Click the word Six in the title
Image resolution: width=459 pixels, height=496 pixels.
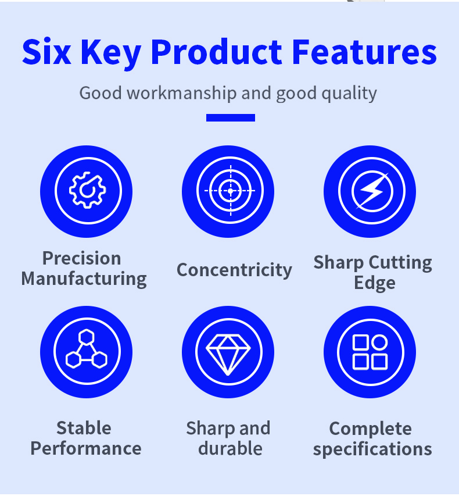click(x=46, y=52)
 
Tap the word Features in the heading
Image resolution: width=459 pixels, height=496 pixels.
click(x=364, y=52)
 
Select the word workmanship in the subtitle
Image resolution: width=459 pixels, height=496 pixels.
click(x=182, y=93)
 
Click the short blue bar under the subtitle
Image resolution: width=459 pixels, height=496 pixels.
click(x=231, y=117)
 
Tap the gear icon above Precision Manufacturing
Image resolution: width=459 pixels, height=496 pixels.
click(x=88, y=190)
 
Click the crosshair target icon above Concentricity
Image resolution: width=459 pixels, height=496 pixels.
click(x=230, y=191)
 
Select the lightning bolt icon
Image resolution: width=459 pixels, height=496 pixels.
click(x=372, y=191)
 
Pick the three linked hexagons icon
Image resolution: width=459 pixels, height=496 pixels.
click(x=87, y=349)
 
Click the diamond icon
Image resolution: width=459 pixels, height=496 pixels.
click(x=228, y=355)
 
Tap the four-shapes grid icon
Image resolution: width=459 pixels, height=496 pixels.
click(x=370, y=352)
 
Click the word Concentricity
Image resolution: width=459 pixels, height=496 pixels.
click(x=234, y=270)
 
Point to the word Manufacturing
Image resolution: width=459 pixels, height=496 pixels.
click(x=84, y=279)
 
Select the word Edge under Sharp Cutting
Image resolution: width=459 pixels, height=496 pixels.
click(x=375, y=283)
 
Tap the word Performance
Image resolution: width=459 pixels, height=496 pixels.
click(x=86, y=448)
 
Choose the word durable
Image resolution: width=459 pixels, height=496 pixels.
click(x=230, y=448)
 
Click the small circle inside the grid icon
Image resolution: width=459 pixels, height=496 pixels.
click(x=379, y=342)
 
